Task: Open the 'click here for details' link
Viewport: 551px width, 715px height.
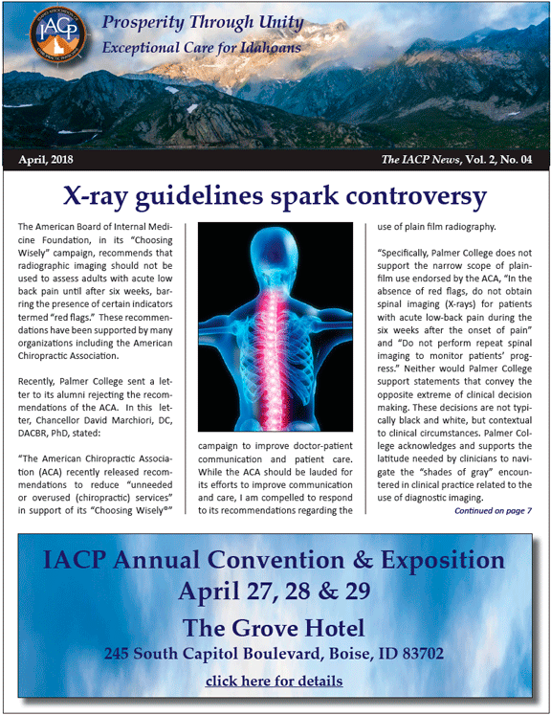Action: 275,681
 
